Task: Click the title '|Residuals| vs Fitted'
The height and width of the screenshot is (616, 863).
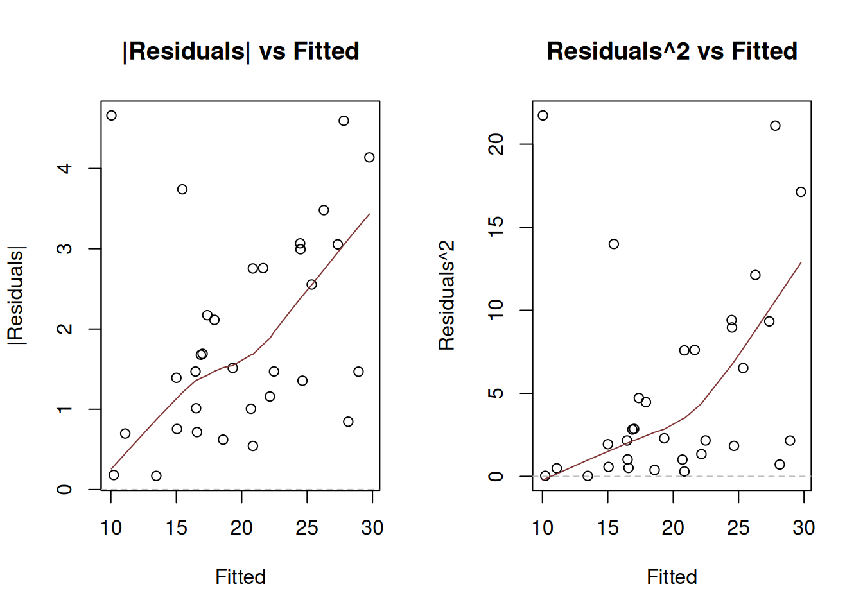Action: coord(241,51)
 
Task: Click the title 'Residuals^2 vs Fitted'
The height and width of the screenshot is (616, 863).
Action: coord(672,51)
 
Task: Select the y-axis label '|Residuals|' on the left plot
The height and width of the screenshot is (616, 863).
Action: coord(16,295)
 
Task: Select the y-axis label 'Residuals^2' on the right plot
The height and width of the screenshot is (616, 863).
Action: coord(447,295)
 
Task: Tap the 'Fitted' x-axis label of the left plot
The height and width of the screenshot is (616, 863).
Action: coord(240,577)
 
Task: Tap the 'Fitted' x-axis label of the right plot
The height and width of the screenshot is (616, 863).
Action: coord(672,577)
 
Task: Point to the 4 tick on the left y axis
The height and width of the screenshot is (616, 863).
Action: coord(64,169)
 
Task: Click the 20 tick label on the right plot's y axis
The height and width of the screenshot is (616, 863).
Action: coord(496,144)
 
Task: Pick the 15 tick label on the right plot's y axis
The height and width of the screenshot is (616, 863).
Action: coord(496,227)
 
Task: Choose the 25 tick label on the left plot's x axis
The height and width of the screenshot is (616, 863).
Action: coord(307,528)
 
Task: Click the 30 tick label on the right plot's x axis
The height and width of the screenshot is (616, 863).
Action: coord(803,528)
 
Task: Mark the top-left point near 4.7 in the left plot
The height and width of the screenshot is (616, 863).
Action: coord(111,116)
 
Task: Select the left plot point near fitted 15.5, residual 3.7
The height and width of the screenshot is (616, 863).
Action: coord(182,189)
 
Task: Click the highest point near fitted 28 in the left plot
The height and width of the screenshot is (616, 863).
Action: coord(344,121)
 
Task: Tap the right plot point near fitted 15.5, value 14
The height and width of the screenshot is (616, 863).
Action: coord(614,244)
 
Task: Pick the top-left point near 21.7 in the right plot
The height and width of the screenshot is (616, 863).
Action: coord(543,116)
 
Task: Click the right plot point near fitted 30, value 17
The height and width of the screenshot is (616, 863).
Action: coord(801,192)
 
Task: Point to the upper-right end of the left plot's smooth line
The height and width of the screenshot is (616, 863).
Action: coord(369,214)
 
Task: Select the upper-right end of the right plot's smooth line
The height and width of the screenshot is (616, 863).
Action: coord(801,262)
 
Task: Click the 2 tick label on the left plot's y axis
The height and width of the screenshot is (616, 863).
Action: coord(64,329)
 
